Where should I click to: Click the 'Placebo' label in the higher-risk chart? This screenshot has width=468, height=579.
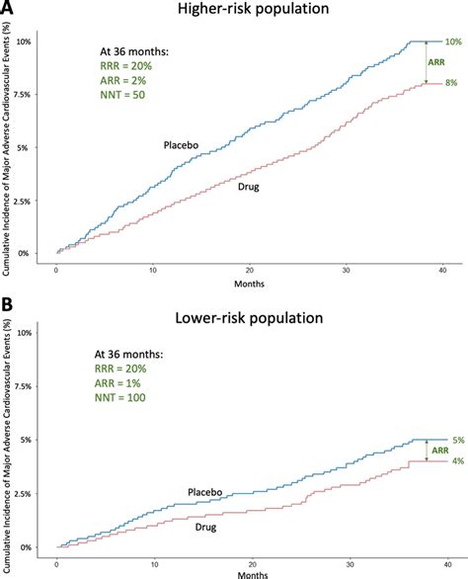pos(182,145)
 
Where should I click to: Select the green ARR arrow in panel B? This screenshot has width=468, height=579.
pos(426,451)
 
